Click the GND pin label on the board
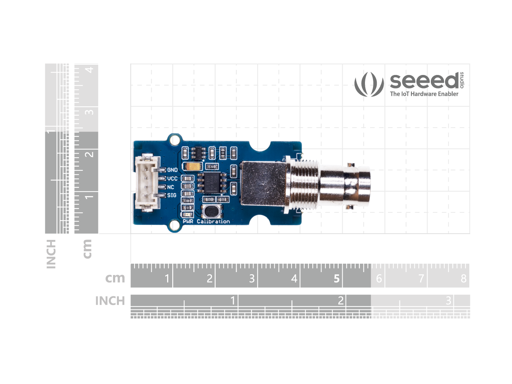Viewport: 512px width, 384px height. click(172, 170)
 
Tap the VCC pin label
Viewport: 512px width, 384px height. click(172, 178)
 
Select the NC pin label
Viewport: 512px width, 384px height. click(170, 187)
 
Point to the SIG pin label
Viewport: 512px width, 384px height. click(172, 195)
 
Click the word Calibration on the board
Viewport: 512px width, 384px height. click(213, 221)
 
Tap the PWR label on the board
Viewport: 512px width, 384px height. click(188, 221)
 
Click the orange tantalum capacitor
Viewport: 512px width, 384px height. click(193, 167)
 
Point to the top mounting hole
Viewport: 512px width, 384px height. click(175, 139)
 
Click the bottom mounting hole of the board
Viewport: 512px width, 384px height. click(175, 226)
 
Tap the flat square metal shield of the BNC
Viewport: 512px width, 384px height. click(263, 183)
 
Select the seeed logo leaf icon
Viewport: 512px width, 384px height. click(369, 84)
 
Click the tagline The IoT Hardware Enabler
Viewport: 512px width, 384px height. click(424, 94)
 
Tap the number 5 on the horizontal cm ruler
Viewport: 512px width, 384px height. click(336, 279)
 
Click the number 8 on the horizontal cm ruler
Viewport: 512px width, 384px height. click(463, 279)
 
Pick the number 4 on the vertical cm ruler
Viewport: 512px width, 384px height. click(89, 69)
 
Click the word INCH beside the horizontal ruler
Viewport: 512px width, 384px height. click(110, 301)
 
